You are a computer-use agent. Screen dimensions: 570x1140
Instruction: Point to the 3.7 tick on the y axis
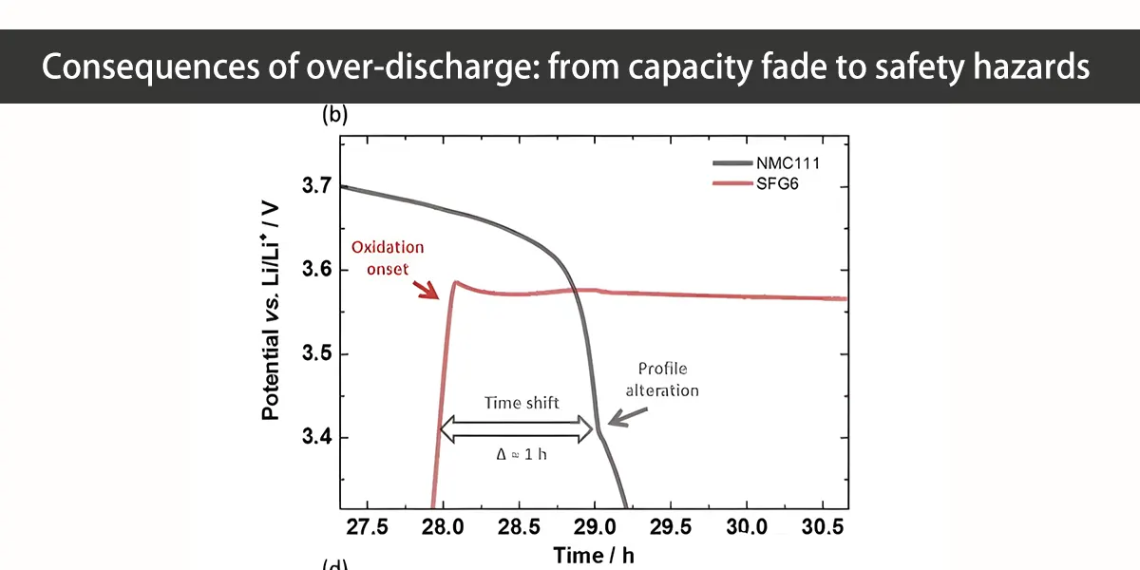click(x=316, y=186)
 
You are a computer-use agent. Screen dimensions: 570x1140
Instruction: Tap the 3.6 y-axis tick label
click(x=316, y=271)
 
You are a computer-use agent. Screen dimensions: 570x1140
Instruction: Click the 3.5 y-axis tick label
click(x=316, y=354)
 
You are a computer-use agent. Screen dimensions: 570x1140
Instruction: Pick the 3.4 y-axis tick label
click(x=316, y=438)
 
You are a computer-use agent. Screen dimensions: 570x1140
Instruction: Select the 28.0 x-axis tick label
click(x=441, y=527)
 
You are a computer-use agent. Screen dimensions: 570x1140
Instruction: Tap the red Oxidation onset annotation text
click(x=388, y=257)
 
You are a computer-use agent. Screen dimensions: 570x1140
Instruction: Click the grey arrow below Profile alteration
click(x=627, y=415)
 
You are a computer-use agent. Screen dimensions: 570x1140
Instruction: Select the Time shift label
click(x=522, y=403)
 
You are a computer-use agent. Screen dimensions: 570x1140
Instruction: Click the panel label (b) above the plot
click(x=334, y=116)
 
